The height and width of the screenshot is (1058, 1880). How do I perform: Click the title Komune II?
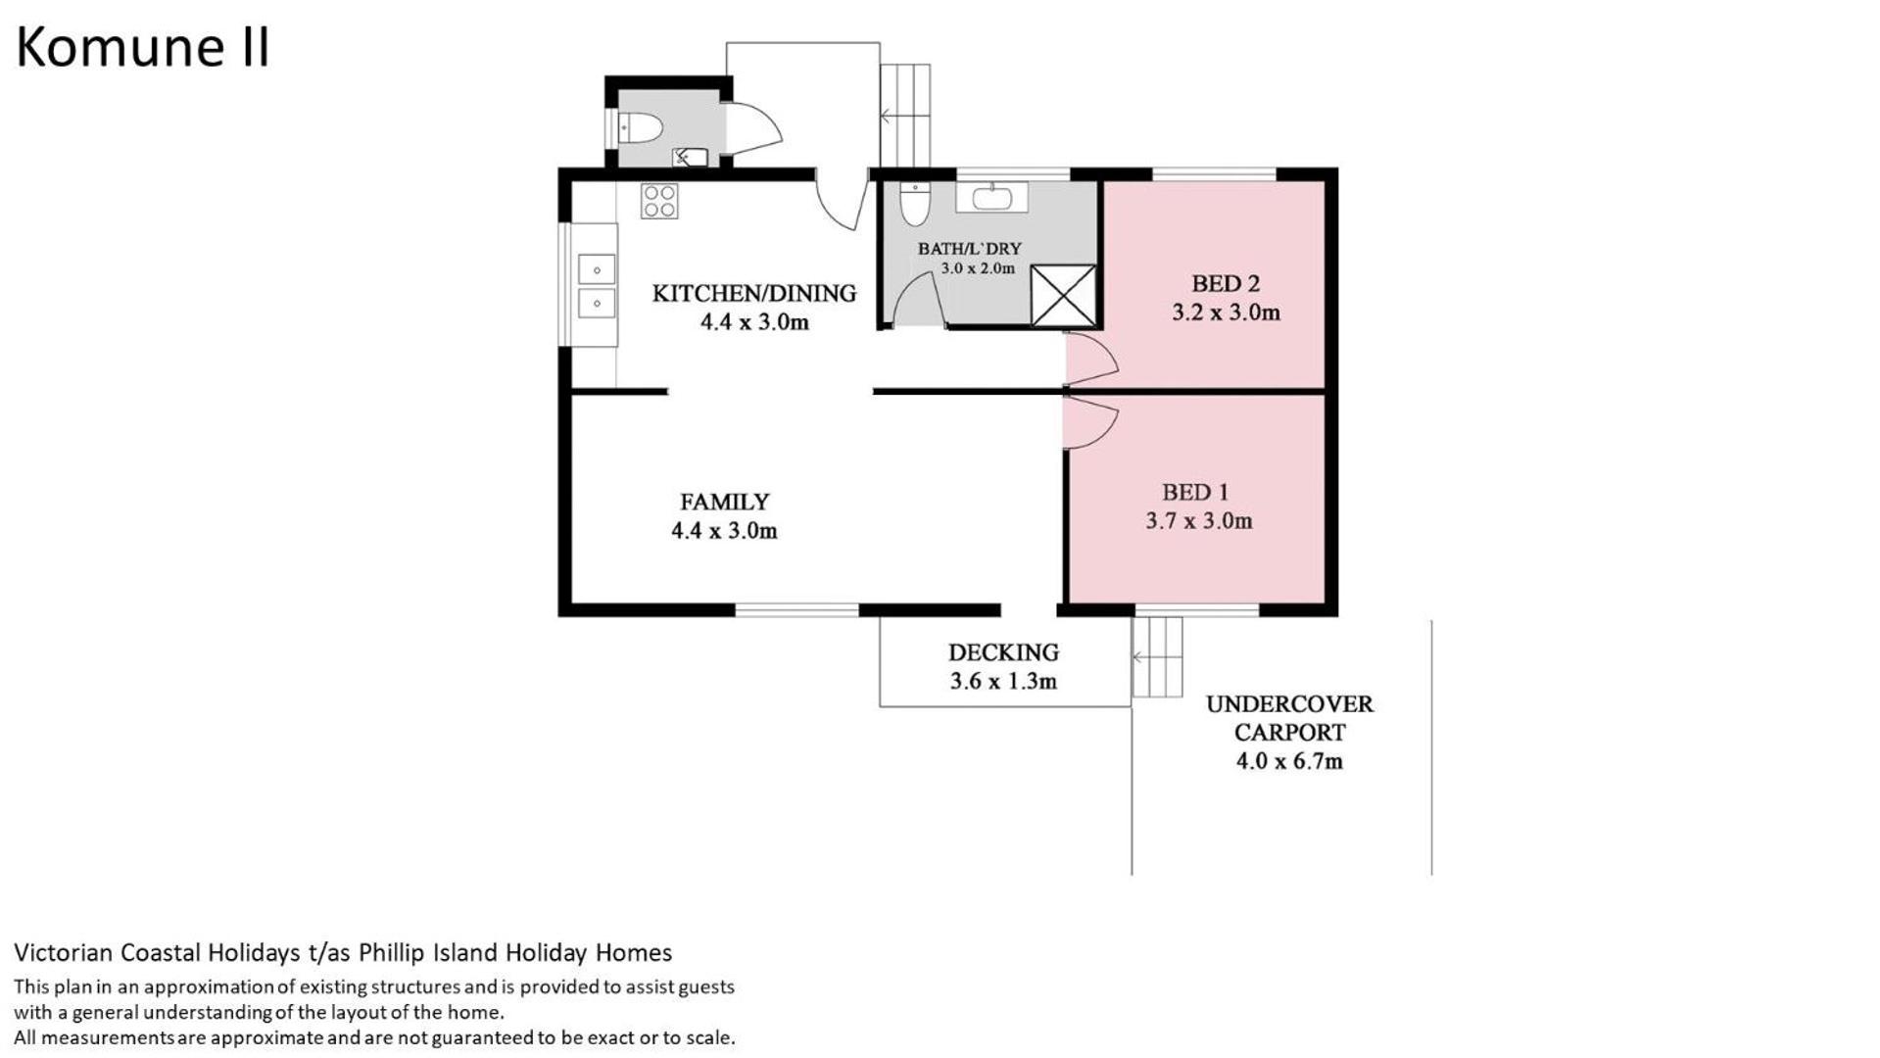click(142, 47)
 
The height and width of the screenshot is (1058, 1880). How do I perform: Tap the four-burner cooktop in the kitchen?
click(659, 201)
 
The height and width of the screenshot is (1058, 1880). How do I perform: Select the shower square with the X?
click(1063, 295)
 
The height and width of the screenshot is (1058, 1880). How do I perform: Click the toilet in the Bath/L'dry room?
click(915, 203)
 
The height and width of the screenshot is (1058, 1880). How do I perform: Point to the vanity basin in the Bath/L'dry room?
click(991, 198)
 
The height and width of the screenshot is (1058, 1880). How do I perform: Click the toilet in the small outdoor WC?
click(642, 127)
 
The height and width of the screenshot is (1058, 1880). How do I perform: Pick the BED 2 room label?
click(1226, 284)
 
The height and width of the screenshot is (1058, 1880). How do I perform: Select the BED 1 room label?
click(1195, 493)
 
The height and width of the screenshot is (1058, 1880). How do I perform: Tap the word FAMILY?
click(725, 503)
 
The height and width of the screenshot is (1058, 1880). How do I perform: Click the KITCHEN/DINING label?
click(754, 294)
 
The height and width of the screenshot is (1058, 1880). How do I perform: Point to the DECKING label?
click(1003, 652)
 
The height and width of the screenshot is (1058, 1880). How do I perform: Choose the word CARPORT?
click(1289, 733)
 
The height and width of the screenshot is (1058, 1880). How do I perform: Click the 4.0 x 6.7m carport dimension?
click(1289, 761)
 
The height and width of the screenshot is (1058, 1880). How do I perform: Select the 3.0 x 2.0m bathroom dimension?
click(978, 268)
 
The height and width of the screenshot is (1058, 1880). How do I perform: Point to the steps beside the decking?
click(1157, 657)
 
